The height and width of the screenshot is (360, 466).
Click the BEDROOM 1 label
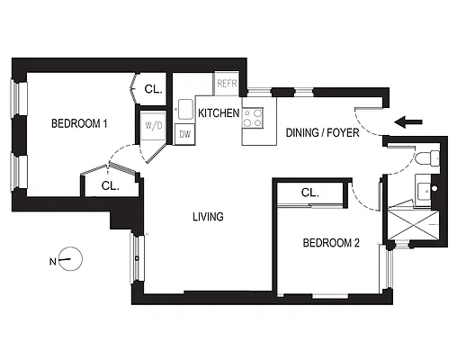(x=79, y=124)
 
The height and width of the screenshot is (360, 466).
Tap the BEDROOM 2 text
(x=330, y=243)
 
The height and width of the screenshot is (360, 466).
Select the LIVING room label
(x=208, y=217)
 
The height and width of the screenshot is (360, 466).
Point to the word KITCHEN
(x=219, y=113)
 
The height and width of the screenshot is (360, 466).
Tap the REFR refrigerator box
(x=226, y=85)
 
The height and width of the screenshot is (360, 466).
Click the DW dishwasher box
(x=184, y=134)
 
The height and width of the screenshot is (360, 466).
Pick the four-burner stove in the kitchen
(x=254, y=115)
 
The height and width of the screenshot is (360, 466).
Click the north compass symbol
(x=71, y=260)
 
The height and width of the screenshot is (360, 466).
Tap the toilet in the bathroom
(x=428, y=159)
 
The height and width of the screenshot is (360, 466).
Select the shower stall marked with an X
(x=414, y=221)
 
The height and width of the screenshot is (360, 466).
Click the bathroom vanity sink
(x=424, y=188)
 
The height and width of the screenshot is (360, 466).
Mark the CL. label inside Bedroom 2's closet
(x=310, y=193)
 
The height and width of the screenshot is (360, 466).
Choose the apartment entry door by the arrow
(x=369, y=115)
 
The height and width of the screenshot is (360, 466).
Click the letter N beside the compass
(x=53, y=262)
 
